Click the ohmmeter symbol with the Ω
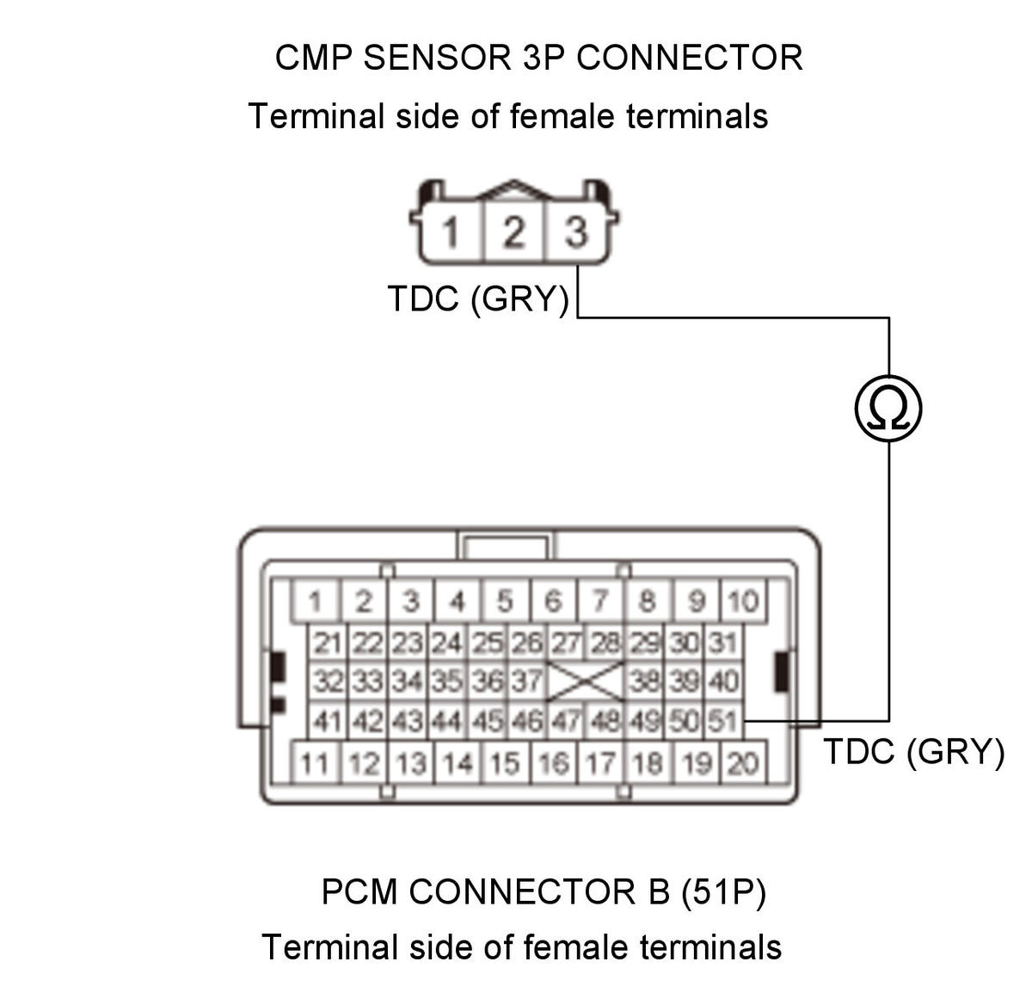click(888, 409)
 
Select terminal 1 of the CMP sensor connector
click(451, 231)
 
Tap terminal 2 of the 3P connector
click(514, 231)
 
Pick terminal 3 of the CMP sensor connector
click(576, 231)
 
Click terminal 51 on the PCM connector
click(723, 721)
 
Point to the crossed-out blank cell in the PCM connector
click(585, 681)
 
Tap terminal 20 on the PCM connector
click(742, 763)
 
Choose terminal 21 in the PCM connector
click(328, 643)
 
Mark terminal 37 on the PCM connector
click(527, 681)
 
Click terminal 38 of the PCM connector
click(644, 681)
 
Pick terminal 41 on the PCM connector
click(328, 721)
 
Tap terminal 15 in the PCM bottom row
click(505, 763)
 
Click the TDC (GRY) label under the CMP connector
click(478, 299)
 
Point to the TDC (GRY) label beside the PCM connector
click(913, 752)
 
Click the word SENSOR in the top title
click(437, 58)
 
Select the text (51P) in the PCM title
click(723, 891)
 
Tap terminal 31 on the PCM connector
click(723, 643)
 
